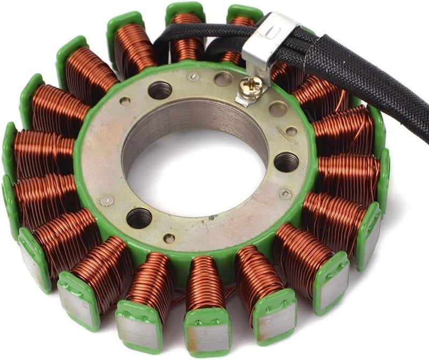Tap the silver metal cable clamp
click(270, 40)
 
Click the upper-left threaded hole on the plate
click(160, 90)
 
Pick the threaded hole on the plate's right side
click(287, 161)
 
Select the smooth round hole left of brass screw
click(223, 79)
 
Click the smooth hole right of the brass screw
click(278, 109)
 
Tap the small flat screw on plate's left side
click(107, 201)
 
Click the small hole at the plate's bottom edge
click(169, 238)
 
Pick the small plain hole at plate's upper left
click(125, 101)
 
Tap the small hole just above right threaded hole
click(291, 131)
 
